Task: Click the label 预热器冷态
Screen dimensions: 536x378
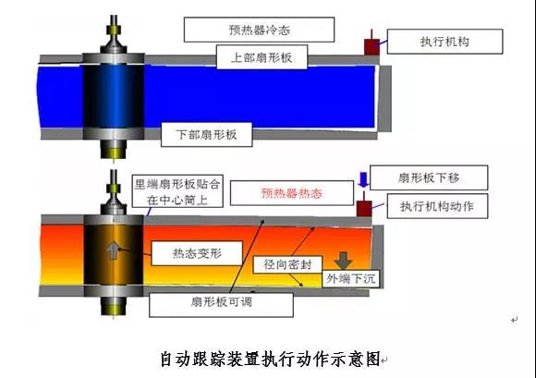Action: pyautogui.click(x=260, y=30)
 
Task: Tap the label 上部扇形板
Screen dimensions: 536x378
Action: pyautogui.click(x=262, y=57)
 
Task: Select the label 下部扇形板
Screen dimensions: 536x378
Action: pyautogui.click(x=206, y=134)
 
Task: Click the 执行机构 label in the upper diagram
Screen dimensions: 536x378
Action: pyautogui.click(x=445, y=42)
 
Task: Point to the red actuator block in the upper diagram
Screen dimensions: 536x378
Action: pyautogui.click(x=372, y=46)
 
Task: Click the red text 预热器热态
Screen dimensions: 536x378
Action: pyautogui.click(x=292, y=193)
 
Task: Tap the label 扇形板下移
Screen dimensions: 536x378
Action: pyautogui.click(x=429, y=177)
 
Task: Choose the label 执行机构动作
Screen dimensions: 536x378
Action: pyautogui.click(x=437, y=206)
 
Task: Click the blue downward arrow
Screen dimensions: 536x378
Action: pyautogui.click(x=363, y=180)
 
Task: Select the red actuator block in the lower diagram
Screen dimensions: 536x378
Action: pyautogui.click(x=364, y=208)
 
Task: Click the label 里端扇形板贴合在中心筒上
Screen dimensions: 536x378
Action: pyautogui.click(x=177, y=191)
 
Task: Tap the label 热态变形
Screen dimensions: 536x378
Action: pyautogui.click(x=197, y=253)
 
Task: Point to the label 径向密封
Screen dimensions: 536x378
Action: pyautogui.click(x=287, y=264)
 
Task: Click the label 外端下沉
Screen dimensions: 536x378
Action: pyautogui.click(x=351, y=278)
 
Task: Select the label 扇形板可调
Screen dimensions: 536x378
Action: pyautogui.click(x=222, y=302)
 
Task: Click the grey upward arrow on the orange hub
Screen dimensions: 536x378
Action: pyautogui.click(x=112, y=250)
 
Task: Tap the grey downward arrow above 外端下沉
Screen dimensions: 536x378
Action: pyautogui.click(x=343, y=261)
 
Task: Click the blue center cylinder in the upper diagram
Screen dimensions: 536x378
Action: pyautogui.click(x=114, y=96)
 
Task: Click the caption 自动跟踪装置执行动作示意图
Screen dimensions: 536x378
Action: pyautogui.click(x=271, y=360)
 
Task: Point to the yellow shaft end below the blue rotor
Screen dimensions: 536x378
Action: pyautogui.click(x=113, y=152)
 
